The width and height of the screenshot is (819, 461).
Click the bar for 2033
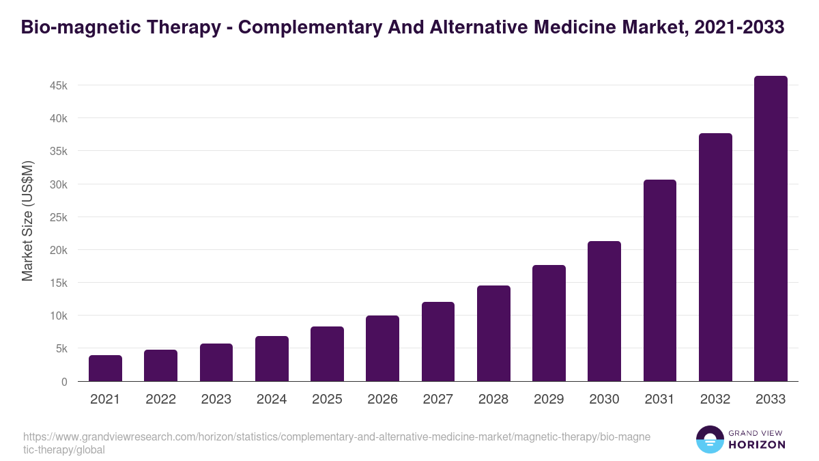click(x=771, y=229)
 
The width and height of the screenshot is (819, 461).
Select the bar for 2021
click(x=105, y=368)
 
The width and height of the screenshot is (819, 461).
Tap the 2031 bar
click(x=659, y=281)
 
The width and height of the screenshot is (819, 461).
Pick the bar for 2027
click(x=438, y=341)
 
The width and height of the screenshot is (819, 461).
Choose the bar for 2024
click(x=272, y=359)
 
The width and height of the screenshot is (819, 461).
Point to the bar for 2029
click(x=549, y=323)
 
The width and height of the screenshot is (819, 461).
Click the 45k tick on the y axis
click(x=58, y=85)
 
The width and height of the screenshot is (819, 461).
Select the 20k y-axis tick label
click(x=58, y=250)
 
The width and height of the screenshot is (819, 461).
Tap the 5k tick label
click(x=61, y=348)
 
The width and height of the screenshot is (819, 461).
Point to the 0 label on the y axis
click(x=64, y=382)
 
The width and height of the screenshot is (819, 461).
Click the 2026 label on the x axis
click(x=382, y=400)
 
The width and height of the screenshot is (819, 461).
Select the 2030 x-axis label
click(x=604, y=400)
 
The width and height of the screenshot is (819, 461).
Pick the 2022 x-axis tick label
click(x=160, y=400)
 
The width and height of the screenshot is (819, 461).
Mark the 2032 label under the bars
click(x=715, y=400)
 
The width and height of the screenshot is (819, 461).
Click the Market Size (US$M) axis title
click(x=27, y=221)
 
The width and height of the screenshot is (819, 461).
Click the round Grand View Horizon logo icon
click(x=709, y=440)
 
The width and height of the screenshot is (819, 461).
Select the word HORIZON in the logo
click(x=756, y=445)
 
